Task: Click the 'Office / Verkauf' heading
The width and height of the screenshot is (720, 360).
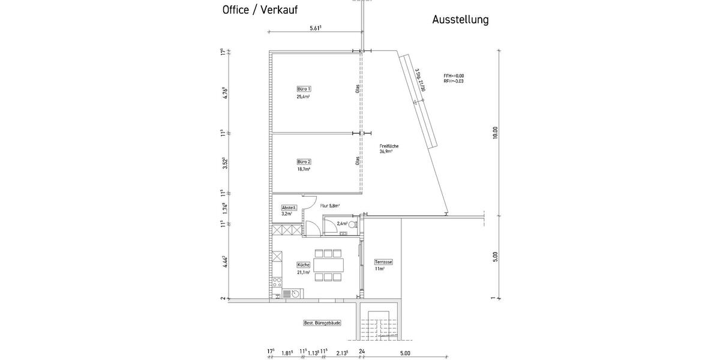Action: coord(260,10)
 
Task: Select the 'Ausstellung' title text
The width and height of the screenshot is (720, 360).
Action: coord(460,20)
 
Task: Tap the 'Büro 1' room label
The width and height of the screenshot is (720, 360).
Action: coord(304,89)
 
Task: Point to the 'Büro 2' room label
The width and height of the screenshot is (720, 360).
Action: coord(304,162)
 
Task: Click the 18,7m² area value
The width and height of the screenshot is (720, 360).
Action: coord(304,170)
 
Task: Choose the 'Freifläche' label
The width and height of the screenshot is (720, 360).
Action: coord(389,146)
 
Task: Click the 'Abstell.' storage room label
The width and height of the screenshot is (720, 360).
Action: coord(289,207)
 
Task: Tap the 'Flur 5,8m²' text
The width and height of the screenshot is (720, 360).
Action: coord(329,205)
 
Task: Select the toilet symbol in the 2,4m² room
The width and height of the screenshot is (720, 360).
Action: coord(352,224)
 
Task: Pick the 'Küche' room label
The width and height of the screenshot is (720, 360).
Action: coord(304,265)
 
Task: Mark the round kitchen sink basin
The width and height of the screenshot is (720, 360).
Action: coord(287,293)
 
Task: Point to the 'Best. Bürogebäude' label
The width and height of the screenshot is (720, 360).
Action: coord(322,323)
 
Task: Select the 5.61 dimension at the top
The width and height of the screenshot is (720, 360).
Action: coord(316,28)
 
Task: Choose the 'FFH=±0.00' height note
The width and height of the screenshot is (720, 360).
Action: coord(454,76)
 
